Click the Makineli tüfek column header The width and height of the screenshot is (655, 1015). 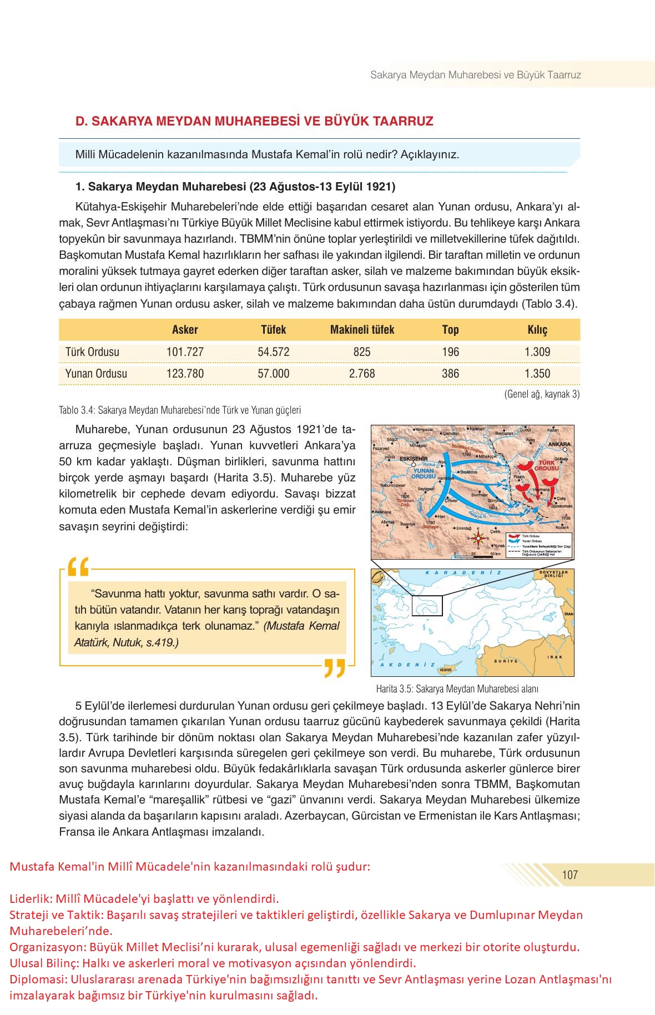[362, 330]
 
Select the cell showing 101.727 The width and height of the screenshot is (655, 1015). [185, 352]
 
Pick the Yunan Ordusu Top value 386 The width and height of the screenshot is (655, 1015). [450, 374]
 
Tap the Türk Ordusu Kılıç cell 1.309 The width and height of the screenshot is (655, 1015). [537, 352]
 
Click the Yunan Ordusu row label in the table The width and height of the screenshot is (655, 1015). [96, 374]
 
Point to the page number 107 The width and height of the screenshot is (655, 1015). [570, 875]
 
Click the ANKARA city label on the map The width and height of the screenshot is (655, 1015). [558, 445]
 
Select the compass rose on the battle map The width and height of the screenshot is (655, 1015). [478, 538]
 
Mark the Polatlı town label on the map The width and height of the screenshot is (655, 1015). [519, 477]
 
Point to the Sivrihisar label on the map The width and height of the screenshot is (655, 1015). [479, 494]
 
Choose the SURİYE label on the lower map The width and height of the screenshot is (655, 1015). [505, 661]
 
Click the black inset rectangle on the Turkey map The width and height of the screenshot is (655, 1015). [427, 605]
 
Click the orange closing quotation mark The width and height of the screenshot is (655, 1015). [334, 668]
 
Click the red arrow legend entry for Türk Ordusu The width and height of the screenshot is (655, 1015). [513, 536]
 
